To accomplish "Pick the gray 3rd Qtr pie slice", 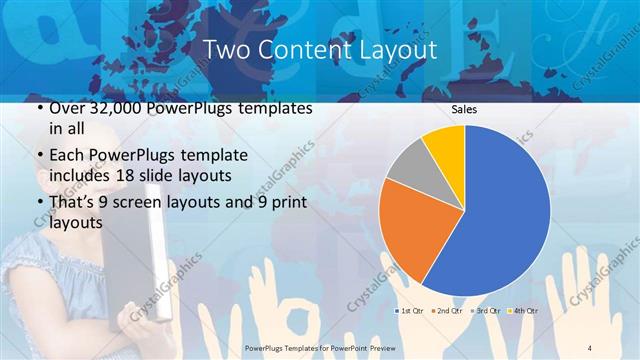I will tap(407, 165).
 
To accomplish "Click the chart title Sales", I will tap(464, 109).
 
